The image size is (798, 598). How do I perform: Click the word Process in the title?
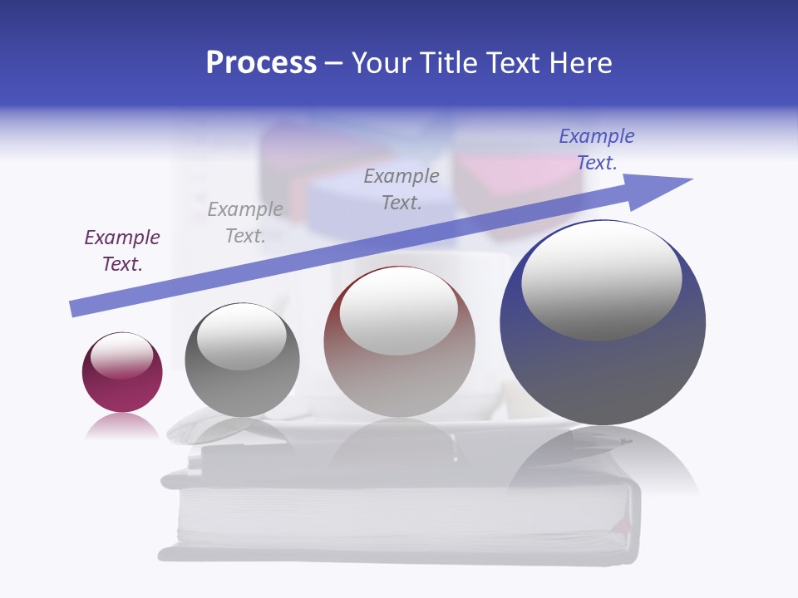point(261,63)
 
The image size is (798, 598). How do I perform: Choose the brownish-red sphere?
point(399,382)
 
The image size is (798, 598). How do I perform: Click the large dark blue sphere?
point(603,374)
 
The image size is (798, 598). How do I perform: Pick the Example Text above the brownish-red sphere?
point(401,189)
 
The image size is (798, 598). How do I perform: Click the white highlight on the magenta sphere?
point(122,355)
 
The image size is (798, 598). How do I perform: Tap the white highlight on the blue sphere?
point(602,279)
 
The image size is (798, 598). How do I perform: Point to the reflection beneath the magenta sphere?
point(122,426)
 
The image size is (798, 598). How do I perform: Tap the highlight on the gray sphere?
point(241,336)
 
